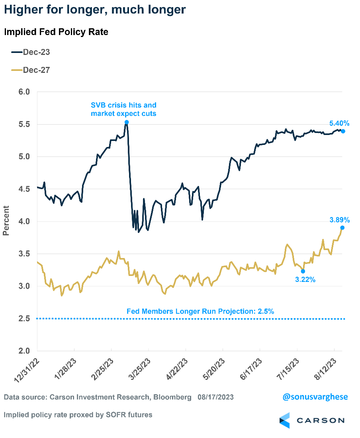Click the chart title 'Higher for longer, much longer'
click(x=95, y=10)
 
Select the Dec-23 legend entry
click(x=31, y=52)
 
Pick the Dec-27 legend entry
click(x=31, y=70)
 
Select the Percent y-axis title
click(x=6, y=220)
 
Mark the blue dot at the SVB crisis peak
click(x=127, y=122)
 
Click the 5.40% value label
click(x=339, y=123)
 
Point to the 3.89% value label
click(x=339, y=220)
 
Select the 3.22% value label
click(x=305, y=280)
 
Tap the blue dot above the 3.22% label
click(x=303, y=271)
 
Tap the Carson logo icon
click(x=285, y=420)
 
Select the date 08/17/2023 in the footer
click(x=215, y=397)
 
